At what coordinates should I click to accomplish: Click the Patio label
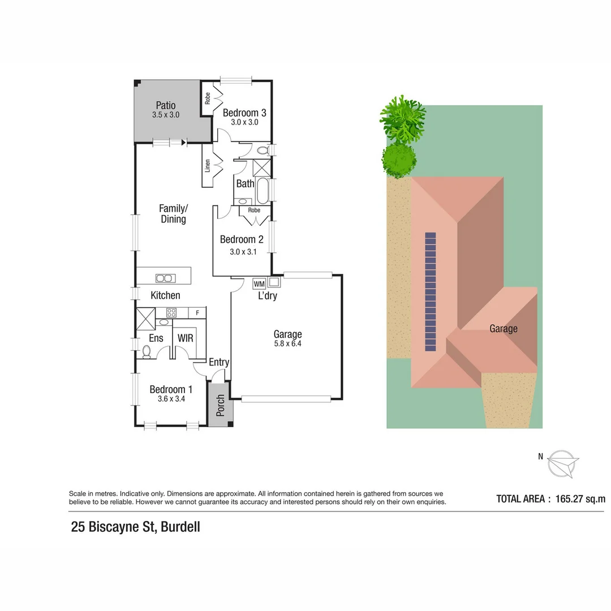pyautogui.click(x=166, y=105)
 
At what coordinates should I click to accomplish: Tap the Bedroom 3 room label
pyautogui.click(x=244, y=113)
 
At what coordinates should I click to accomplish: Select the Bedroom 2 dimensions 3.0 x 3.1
pyautogui.click(x=243, y=252)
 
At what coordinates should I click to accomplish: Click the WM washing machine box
pyautogui.click(x=259, y=284)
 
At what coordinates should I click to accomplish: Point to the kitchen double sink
pyautogui.click(x=165, y=278)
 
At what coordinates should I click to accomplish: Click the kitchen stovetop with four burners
pyautogui.click(x=171, y=312)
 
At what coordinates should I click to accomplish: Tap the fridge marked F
pyautogui.click(x=197, y=312)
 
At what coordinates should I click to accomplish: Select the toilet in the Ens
pyautogui.click(x=147, y=352)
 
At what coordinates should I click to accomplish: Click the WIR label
pyautogui.click(x=186, y=338)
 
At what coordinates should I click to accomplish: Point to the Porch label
pyautogui.click(x=221, y=405)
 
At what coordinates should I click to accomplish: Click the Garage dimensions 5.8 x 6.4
pyautogui.click(x=287, y=343)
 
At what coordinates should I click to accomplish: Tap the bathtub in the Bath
pyautogui.click(x=263, y=191)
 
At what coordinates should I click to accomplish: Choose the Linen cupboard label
pyautogui.click(x=208, y=165)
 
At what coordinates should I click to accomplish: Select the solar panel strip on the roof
pyautogui.click(x=431, y=292)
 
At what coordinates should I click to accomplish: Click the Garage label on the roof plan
pyautogui.click(x=503, y=329)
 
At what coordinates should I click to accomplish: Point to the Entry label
pyautogui.click(x=219, y=362)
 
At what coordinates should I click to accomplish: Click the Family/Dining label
pyautogui.click(x=173, y=214)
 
